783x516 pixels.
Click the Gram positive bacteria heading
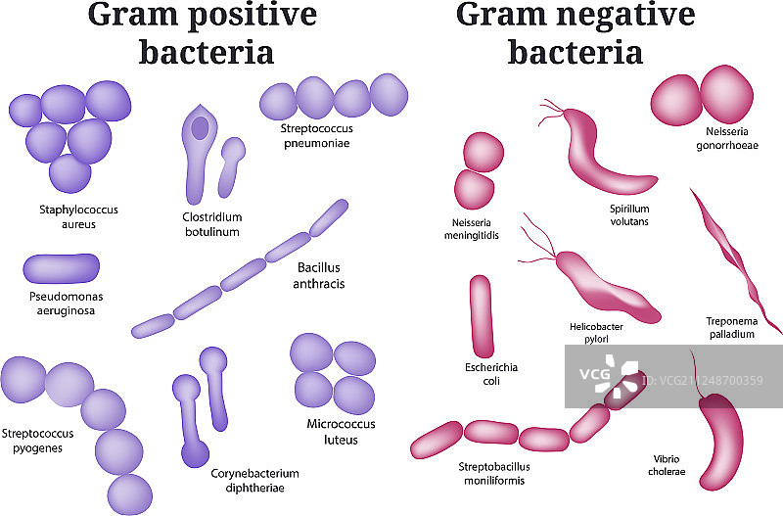(x=203, y=32)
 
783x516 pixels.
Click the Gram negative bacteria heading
(x=575, y=32)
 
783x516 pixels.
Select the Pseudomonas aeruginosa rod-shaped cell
(x=61, y=267)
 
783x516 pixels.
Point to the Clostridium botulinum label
(x=210, y=224)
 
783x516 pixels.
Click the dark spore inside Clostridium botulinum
(x=200, y=128)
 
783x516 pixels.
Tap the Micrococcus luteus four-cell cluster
(x=333, y=374)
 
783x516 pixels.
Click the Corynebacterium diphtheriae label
(x=254, y=481)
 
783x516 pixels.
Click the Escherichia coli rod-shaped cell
(x=481, y=315)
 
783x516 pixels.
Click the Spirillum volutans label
(x=628, y=214)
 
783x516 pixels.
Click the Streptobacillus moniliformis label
(x=492, y=473)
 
